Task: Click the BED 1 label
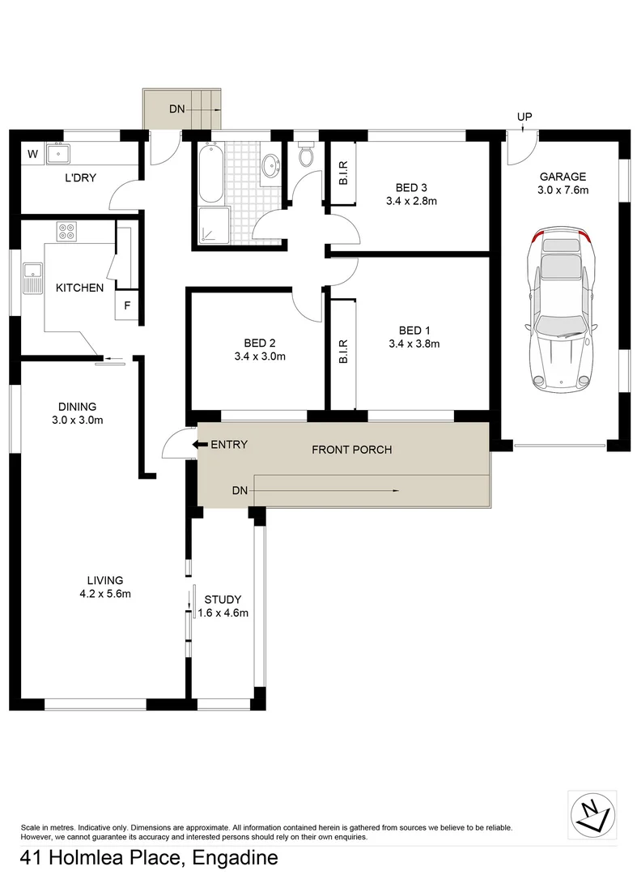411,330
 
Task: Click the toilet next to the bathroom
306,156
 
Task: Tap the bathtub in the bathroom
209,172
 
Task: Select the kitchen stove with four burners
66,232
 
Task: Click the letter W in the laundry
33,154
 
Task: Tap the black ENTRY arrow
198,444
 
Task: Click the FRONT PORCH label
352,449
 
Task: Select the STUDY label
222,600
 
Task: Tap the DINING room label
77,407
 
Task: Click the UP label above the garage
524,117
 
